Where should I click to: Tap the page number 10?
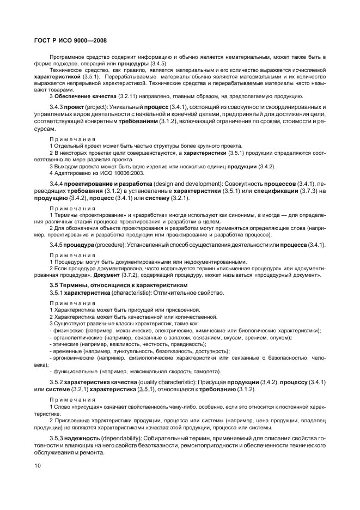38,466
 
